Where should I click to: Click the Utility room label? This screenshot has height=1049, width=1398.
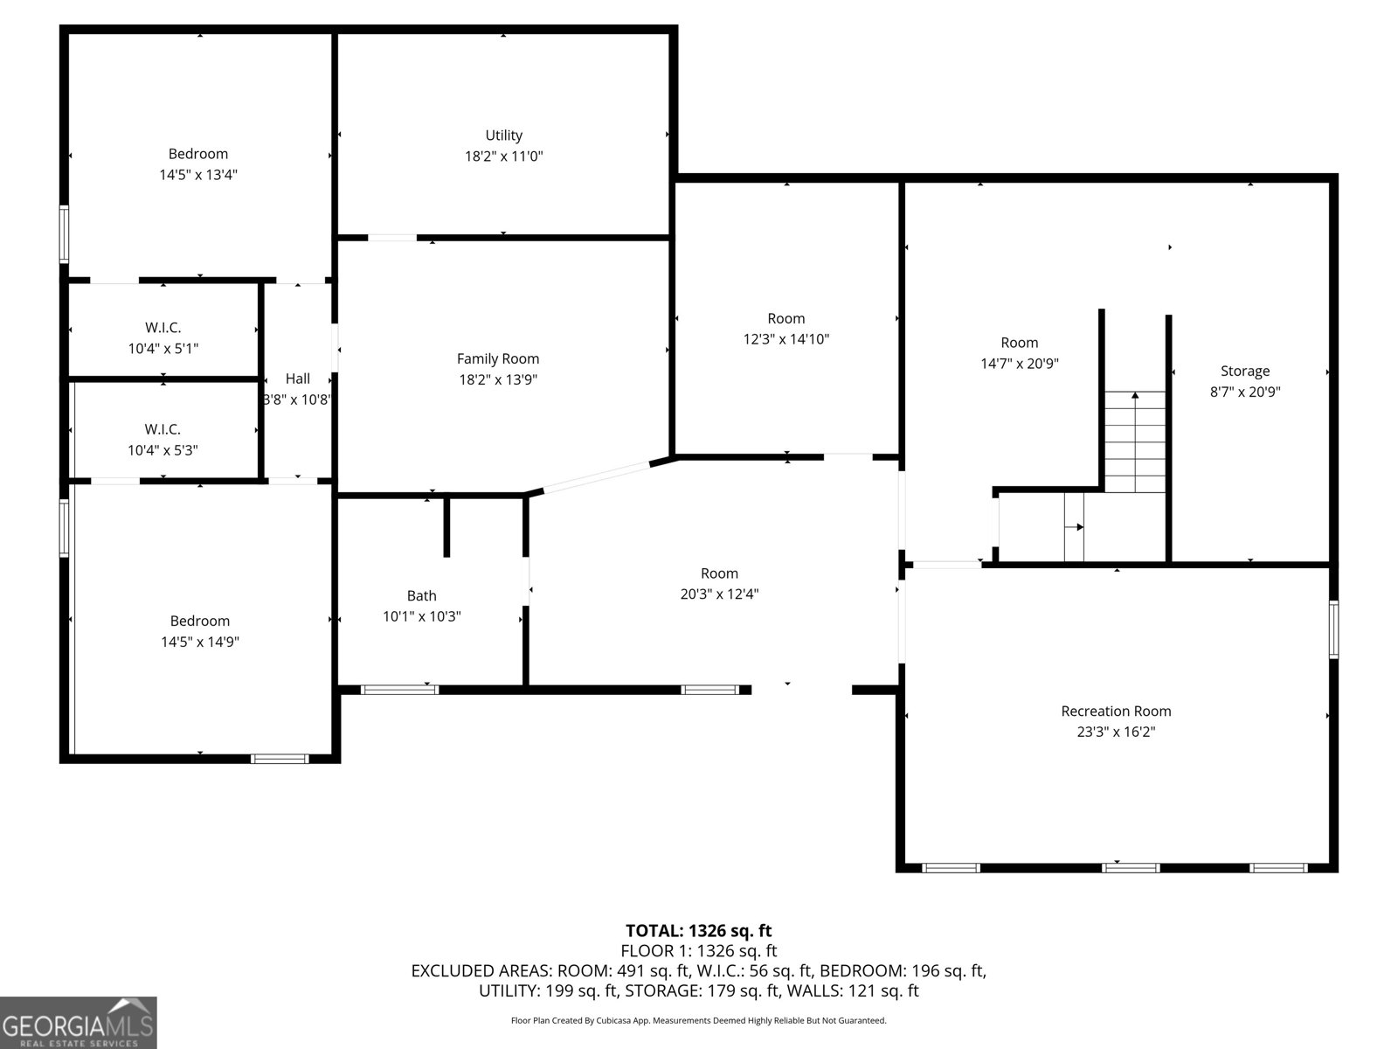[503, 135]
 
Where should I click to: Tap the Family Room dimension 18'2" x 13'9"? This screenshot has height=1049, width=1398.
[498, 379]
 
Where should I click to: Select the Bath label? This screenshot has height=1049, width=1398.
[421, 595]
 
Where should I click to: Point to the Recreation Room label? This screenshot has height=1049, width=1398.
[1116, 711]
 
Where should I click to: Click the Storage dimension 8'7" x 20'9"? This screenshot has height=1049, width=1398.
[1245, 393]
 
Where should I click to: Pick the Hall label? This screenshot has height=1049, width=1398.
[298, 379]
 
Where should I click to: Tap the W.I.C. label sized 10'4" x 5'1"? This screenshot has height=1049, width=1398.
[163, 328]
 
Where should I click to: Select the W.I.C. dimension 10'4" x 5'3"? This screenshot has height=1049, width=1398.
[163, 450]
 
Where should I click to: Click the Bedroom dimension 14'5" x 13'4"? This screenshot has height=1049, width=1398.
[198, 175]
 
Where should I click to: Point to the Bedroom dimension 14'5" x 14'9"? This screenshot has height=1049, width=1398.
[200, 642]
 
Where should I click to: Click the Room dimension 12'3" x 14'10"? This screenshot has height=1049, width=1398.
[786, 339]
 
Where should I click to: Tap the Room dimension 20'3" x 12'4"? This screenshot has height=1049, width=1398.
[719, 594]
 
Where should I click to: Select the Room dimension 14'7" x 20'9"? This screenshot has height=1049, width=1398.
[1020, 364]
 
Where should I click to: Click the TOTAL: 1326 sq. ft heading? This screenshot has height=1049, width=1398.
[698, 930]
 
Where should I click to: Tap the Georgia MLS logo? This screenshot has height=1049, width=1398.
[79, 1023]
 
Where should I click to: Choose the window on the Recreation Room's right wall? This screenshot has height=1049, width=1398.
[1333, 629]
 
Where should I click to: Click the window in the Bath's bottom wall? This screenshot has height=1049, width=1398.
[399, 690]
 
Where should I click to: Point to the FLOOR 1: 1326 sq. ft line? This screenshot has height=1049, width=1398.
[698, 951]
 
